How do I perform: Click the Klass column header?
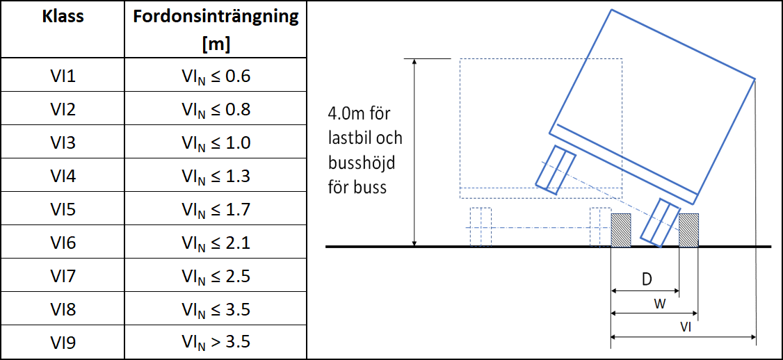[63, 17]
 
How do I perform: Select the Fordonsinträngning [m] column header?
[216, 31]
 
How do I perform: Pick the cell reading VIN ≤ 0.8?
[216, 109]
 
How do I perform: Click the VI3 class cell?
[63, 142]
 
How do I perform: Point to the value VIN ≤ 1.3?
[216, 177]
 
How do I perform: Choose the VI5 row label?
[63, 210]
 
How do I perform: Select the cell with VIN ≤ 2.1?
[216, 243]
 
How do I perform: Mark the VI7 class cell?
[63, 277]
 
